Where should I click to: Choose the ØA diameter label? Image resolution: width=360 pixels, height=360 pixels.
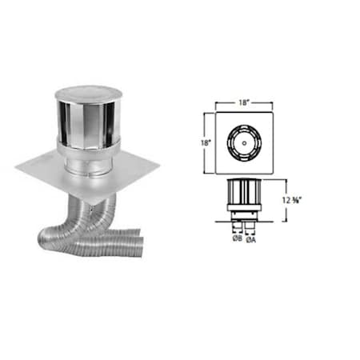(x=250, y=238)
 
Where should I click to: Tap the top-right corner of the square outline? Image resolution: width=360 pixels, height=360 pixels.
(x=274, y=113)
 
